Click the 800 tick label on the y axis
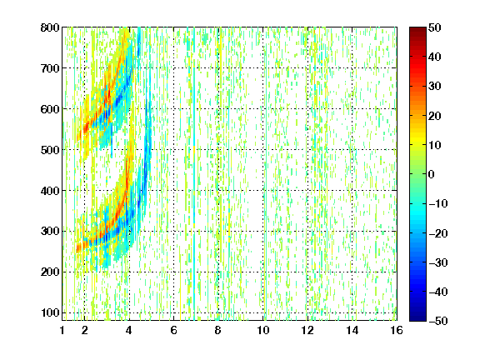pyautogui.click(x=50, y=27)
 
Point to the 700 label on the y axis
pyautogui.click(x=50, y=68)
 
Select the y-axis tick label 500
pyautogui.click(x=50, y=150)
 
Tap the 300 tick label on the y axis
pyautogui.click(x=50, y=231)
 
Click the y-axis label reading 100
pyautogui.click(x=50, y=312)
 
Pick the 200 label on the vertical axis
pyautogui.click(x=50, y=272)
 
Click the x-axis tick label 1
pyautogui.click(x=62, y=330)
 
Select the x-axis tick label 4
pyautogui.click(x=129, y=330)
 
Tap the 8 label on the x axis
pyautogui.click(x=217, y=330)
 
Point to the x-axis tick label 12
pyautogui.click(x=307, y=330)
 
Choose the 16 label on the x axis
pyautogui.click(x=397, y=330)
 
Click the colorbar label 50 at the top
pyautogui.click(x=435, y=27)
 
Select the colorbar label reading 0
pyautogui.click(x=432, y=174)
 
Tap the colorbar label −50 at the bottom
pyautogui.click(x=438, y=321)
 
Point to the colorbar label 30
pyautogui.click(x=435, y=86)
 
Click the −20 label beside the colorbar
pyautogui.click(x=438, y=233)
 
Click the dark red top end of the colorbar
pyautogui.click(x=417, y=29)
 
